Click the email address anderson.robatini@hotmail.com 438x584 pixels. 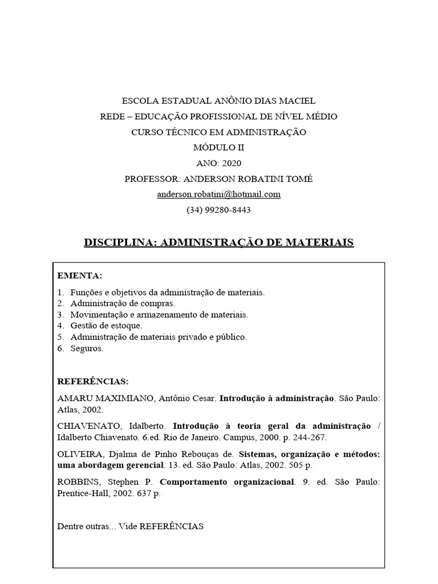pos(219,194)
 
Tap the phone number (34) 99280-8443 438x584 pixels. pos(219,209)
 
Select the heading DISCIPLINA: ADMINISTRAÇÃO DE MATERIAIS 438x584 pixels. pos(219,242)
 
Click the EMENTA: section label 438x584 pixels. pos(80,276)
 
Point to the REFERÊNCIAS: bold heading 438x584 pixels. pos(93,381)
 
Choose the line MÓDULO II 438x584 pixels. pos(219,147)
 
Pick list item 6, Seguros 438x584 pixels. pos(87,348)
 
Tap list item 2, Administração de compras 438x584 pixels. pos(123,303)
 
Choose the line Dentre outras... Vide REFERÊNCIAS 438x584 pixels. pos(131,526)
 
